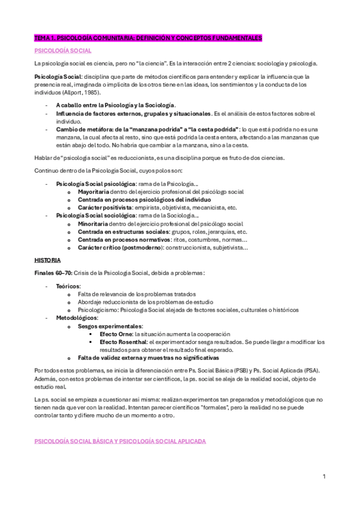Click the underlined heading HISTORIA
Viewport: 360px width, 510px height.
coord(47,260)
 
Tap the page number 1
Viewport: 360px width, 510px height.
coord(324,477)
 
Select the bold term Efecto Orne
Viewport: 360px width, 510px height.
coord(116,333)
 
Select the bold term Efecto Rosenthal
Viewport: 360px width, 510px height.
coord(121,341)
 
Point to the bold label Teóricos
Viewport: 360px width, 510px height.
coord(68,286)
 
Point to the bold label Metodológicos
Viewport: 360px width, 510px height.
coord(76,318)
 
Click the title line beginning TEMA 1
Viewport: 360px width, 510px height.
coord(148,38)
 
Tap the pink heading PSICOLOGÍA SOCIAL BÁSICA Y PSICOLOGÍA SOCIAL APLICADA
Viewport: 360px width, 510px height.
coord(120,441)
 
